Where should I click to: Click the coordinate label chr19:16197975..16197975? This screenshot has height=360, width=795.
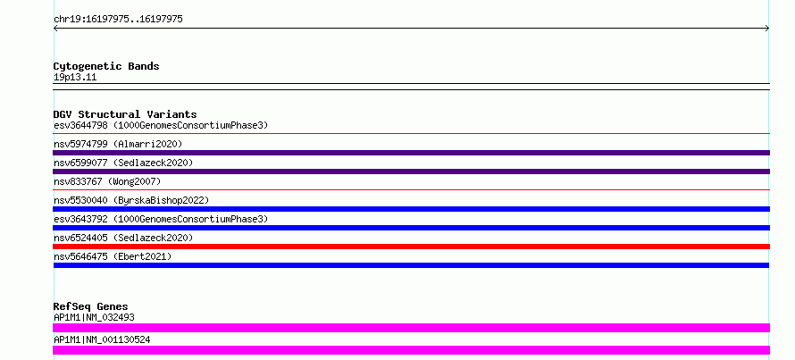coord(118,20)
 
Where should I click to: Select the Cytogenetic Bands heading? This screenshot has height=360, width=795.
coord(106,66)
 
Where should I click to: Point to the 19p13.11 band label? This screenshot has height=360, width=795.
coord(75,78)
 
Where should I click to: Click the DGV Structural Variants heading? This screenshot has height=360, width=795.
coord(125,114)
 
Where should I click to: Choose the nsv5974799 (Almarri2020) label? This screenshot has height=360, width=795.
coord(118,144)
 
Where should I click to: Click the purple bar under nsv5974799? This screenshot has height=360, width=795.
coord(411,153)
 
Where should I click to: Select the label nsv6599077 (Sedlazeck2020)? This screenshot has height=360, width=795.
coord(123,163)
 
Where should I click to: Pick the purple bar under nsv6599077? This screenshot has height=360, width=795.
coord(411,172)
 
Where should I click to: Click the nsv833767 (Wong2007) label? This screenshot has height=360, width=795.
coord(107,181)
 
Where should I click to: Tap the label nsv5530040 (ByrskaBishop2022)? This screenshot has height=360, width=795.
coord(131,200)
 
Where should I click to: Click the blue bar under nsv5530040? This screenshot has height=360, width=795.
coord(411,209)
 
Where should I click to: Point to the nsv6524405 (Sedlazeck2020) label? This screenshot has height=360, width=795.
coord(123,238)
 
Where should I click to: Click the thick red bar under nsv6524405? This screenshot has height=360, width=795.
coord(411,247)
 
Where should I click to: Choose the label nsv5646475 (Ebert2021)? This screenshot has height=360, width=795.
coord(113,256)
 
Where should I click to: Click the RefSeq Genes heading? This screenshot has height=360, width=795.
coord(91,306)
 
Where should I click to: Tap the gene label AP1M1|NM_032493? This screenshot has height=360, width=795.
coord(94,318)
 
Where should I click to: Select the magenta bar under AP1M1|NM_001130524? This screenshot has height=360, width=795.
coord(411,350)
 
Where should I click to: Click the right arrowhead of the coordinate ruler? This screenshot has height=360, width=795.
coord(768,29)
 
